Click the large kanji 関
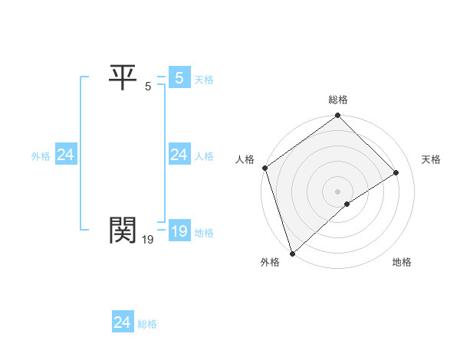(123, 228)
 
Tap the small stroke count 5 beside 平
(148, 87)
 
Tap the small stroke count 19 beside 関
(148, 240)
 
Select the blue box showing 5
(179, 77)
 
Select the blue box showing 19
(179, 231)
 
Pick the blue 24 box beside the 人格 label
(179, 155)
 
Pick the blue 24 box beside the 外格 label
(65, 155)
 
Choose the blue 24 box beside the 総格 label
(122, 322)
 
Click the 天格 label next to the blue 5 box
(203, 79)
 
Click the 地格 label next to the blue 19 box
(204, 233)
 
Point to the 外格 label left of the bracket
(41, 156)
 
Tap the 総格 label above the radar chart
(338, 100)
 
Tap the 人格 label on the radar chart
(245, 159)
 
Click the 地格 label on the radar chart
(402, 263)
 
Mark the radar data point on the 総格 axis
(338, 116)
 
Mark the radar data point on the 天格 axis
(396, 173)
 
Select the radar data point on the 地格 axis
(347, 204)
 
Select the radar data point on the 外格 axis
(291, 253)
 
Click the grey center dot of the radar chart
(338, 191)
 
